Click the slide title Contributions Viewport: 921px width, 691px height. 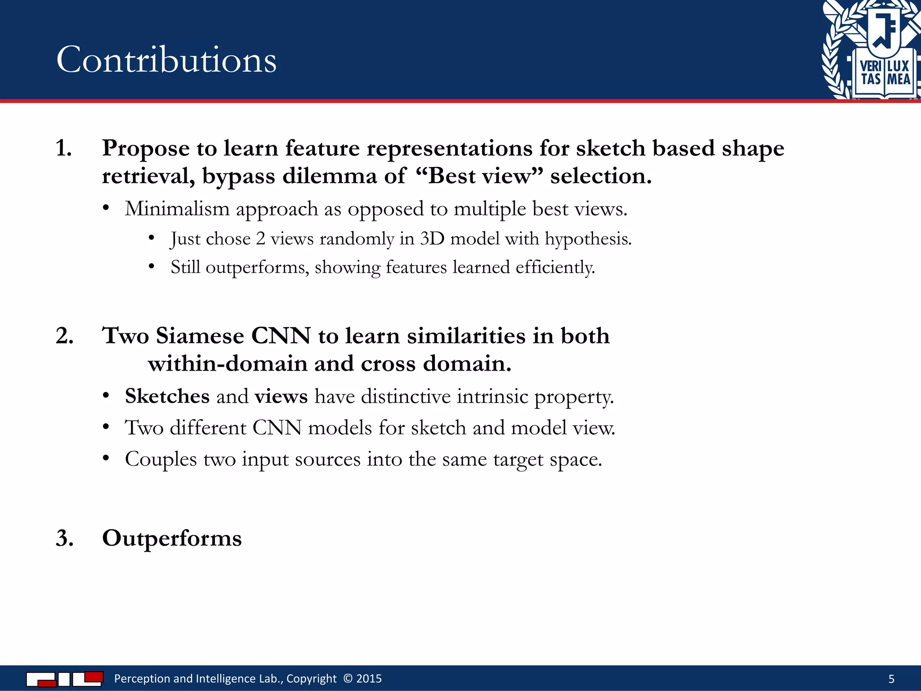pos(166,60)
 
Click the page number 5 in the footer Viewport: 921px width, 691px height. pos(891,679)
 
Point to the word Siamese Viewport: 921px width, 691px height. pos(200,336)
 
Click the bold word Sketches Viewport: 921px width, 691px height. pos(167,396)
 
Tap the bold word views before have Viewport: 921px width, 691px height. pos(281,396)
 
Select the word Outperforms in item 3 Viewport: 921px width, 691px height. pos(172,538)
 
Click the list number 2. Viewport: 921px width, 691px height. pos(64,336)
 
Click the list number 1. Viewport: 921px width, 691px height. pos(63,148)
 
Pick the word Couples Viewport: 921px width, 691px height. pos(161,459)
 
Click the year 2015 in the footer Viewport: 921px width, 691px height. pos(369,678)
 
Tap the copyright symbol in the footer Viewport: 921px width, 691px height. pos(348,678)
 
